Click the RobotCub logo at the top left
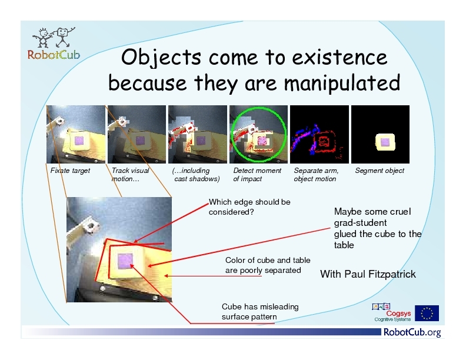tap(54, 44)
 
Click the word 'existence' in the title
tap(339, 57)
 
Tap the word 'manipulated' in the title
tap(342, 83)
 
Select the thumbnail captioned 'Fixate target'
tap(76, 134)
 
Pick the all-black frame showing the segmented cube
tap(381, 134)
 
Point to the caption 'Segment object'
tap(380, 171)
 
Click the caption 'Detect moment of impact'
tap(257, 175)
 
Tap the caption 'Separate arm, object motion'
tap(316, 175)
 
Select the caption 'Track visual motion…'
tap(130, 175)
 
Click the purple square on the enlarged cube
tap(125, 261)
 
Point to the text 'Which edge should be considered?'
tap(249, 207)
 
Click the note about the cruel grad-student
tap(378, 228)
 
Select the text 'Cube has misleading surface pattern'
tap(260, 312)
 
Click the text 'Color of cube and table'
tap(268, 260)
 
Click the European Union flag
tap(427, 313)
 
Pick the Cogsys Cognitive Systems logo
tap(392, 312)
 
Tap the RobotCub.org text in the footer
tap(412, 332)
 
